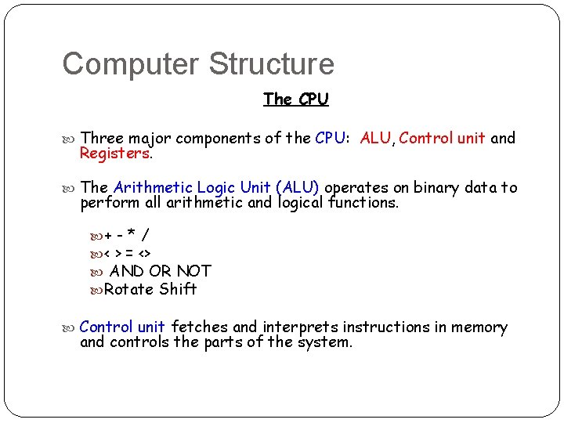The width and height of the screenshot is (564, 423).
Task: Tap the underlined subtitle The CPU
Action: [296, 99]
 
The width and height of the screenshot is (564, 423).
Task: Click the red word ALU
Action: [375, 139]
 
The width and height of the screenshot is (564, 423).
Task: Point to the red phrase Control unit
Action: [442, 139]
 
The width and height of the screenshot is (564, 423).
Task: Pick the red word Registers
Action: [114, 154]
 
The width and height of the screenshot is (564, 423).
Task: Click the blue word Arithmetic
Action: [153, 187]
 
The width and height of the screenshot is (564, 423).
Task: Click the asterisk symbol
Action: [132, 234]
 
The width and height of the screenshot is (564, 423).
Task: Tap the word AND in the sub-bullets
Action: [127, 271]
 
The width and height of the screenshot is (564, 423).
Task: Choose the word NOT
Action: [193, 271]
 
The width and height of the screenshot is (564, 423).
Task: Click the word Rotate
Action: [128, 289]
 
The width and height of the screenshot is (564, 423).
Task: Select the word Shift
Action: [178, 289]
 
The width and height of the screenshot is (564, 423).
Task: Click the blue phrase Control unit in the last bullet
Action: [122, 327]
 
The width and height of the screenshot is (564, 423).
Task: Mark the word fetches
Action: [199, 327]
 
